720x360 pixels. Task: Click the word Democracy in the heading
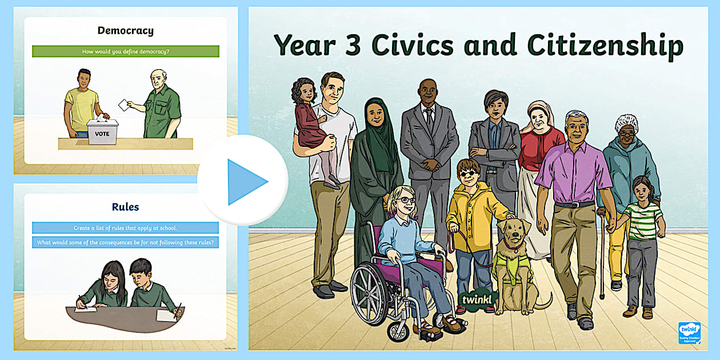coord(125,31)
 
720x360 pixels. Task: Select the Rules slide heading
coord(125,206)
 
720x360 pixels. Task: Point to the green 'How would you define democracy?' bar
coord(125,51)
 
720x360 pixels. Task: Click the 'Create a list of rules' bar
coord(125,227)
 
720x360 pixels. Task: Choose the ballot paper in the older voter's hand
coord(123,105)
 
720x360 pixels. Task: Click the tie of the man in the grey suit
coord(429,119)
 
